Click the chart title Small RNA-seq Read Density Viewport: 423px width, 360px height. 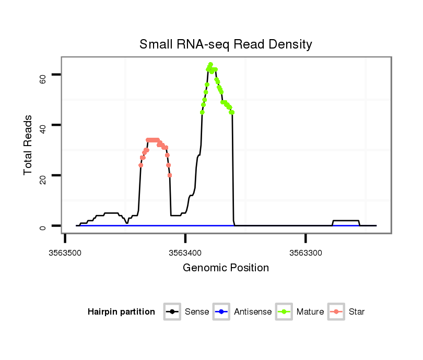pos(226,44)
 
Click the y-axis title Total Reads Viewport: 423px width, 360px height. pos(28,145)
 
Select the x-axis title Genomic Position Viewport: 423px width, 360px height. pos(226,268)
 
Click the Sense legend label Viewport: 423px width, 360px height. pos(197,312)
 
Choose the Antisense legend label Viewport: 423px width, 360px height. pos(253,312)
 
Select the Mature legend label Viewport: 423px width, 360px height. pos(310,312)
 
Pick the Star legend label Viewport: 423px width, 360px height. pos(357,312)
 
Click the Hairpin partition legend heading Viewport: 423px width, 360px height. pos(121,312)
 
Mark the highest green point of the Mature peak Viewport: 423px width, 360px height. pos(210,64)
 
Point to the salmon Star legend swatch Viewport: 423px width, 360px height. pos(337,312)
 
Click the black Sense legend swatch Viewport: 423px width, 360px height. pos(173,312)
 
